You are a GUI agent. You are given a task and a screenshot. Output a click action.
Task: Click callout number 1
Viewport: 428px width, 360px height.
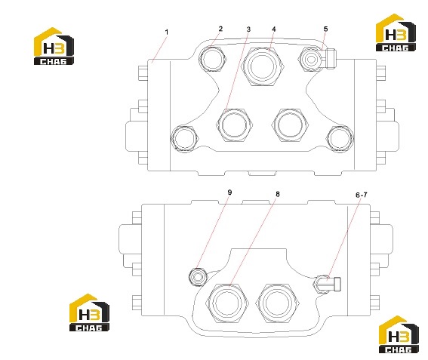167,32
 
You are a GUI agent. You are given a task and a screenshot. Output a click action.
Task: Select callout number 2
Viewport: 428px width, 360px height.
220,29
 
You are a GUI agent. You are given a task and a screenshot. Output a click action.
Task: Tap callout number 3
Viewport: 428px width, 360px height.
248,29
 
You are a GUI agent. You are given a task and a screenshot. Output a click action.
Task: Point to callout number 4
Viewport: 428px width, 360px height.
274,29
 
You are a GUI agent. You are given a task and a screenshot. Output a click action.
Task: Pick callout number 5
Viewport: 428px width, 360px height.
325,29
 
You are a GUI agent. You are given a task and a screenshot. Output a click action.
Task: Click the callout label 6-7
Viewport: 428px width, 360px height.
362,195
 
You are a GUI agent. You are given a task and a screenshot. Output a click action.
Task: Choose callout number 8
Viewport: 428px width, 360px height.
278,194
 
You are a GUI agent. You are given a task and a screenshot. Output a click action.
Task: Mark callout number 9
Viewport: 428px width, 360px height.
229,192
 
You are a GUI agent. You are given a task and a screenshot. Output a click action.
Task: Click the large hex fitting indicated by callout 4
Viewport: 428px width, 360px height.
263,66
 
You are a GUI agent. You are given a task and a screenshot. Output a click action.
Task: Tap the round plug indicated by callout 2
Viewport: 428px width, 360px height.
213,59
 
